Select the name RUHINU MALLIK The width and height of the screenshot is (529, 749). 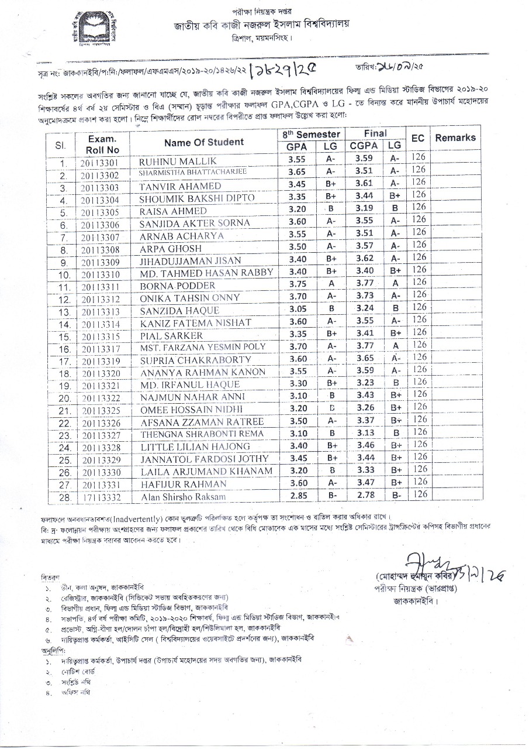pos(170,161)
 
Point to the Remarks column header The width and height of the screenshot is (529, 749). pos(455,138)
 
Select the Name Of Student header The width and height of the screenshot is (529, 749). pos(204,142)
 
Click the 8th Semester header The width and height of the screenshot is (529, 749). pos(312,135)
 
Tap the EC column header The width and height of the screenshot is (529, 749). pos(417,138)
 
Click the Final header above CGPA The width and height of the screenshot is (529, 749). pos(376,134)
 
